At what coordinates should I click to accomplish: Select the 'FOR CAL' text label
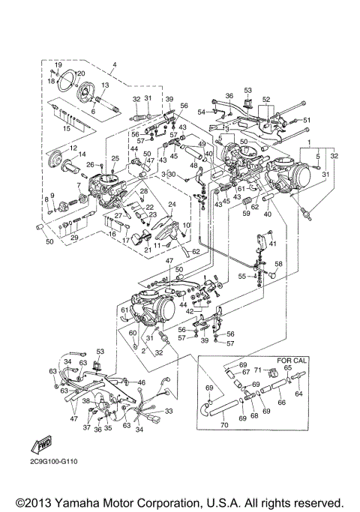pyautogui.click(x=289, y=361)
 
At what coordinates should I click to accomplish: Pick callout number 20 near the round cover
pyautogui.click(x=80, y=73)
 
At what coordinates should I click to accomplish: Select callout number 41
pyautogui.click(x=272, y=244)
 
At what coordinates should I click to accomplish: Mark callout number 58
pyautogui.click(x=278, y=264)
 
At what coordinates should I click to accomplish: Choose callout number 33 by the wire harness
pyautogui.click(x=169, y=411)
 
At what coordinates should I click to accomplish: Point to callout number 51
pyautogui.click(x=306, y=120)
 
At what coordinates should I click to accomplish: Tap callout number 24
pyautogui.click(x=171, y=205)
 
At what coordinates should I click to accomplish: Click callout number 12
pyautogui.click(x=73, y=148)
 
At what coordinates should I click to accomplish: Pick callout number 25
pyautogui.click(x=115, y=158)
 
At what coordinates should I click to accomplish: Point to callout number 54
pyautogui.click(x=201, y=112)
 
